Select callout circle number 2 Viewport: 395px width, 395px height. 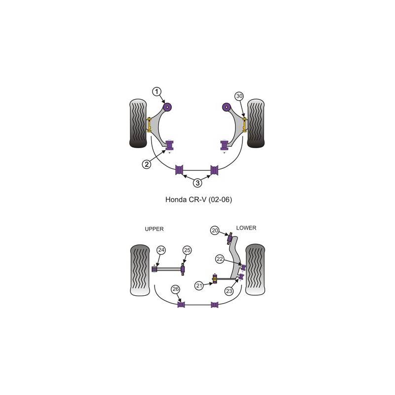(x=147, y=165)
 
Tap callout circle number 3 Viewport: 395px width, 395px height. (x=197, y=183)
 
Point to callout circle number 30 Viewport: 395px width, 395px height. (x=239, y=96)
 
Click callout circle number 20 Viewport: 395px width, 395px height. (x=215, y=230)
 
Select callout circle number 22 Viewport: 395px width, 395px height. (x=220, y=258)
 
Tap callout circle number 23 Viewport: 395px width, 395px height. (x=229, y=291)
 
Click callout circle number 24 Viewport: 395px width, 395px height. (x=160, y=250)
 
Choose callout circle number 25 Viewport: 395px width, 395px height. (x=187, y=250)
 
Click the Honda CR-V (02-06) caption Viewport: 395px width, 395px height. (x=197, y=201)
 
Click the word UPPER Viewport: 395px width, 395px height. (x=154, y=229)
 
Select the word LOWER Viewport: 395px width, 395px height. (x=246, y=228)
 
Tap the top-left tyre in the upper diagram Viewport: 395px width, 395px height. (x=138, y=124)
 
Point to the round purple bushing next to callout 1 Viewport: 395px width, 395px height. (x=167, y=107)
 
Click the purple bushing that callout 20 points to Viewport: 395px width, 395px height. (x=230, y=240)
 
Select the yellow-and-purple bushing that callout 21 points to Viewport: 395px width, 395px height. (x=215, y=281)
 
